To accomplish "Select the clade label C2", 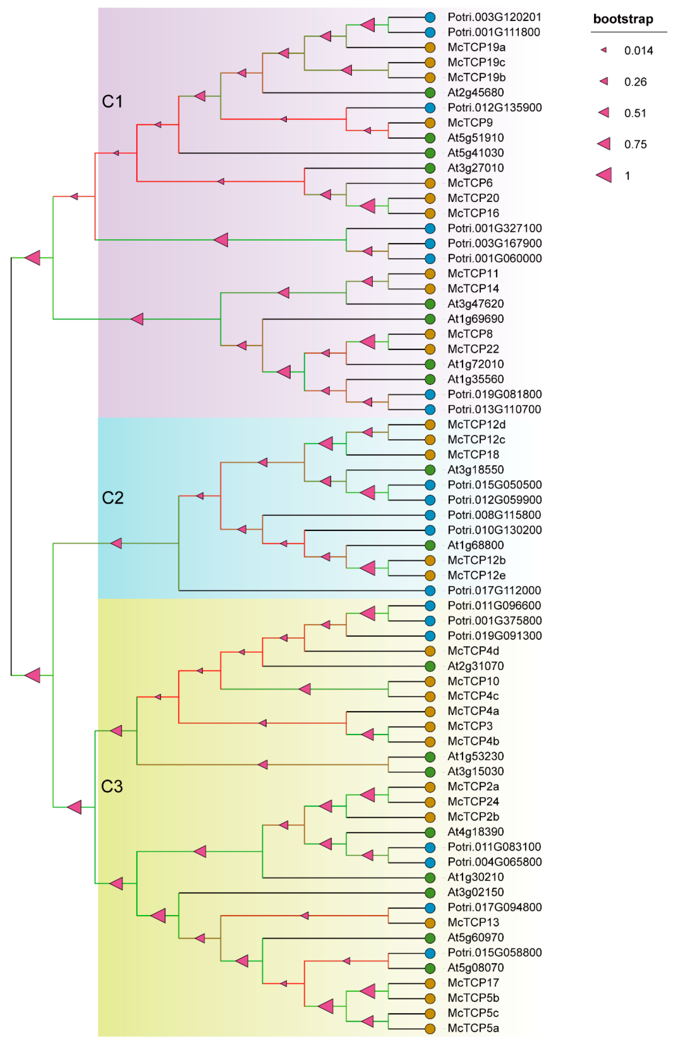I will click(113, 498).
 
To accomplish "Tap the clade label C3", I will click(112, 787).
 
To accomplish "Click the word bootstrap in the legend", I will click(623, 19).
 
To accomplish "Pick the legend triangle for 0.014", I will click(604, 50).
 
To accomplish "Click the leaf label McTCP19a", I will click(477, 47).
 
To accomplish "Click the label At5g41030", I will click(476, 153).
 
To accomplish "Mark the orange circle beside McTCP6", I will click(430, 183).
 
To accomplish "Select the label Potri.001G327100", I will click(495, 228).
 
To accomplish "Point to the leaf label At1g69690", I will click(476, 319).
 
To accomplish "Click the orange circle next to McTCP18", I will click(430, 455).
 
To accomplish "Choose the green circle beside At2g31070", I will click(430, 666).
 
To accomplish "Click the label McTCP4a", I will click(473, 711).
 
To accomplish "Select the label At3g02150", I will click(476, 892).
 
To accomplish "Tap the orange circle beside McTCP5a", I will click(430, 1028).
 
